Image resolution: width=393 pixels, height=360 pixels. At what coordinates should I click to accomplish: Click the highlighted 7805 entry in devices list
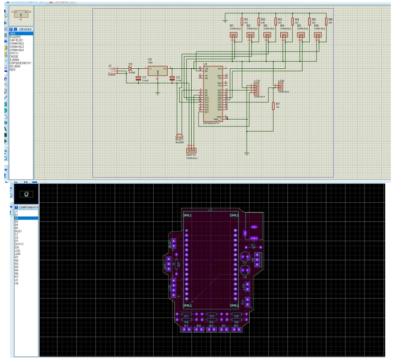coord(13,33)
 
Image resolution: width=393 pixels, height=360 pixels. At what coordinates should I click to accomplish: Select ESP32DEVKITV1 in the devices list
coord(20,63)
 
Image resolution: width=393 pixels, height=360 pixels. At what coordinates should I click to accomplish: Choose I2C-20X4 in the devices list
coord(16,66)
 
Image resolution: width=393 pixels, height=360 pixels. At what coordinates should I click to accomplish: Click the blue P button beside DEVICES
coord(11,29)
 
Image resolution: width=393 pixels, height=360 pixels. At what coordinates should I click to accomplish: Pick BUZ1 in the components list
coord(18,231)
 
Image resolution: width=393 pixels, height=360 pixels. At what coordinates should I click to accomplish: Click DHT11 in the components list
coord(19,244)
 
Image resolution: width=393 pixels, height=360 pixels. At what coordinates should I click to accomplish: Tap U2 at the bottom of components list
coord(16,283)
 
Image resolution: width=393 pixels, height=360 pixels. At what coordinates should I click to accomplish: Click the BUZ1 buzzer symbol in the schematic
coord(179,135)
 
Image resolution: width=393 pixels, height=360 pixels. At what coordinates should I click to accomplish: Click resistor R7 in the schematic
coord(273,106)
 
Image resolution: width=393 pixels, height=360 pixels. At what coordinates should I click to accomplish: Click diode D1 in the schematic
coord(130,68)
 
